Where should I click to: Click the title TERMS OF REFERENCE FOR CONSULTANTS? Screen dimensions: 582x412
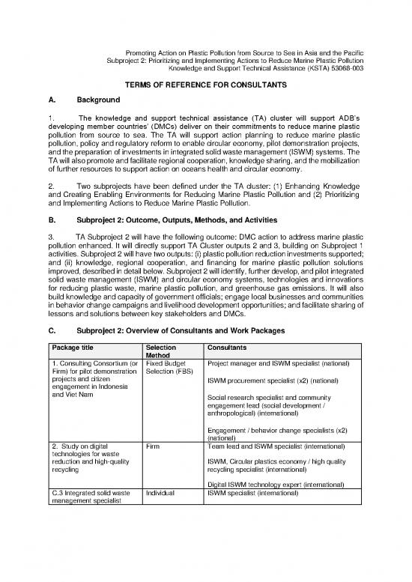pos(205,86)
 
